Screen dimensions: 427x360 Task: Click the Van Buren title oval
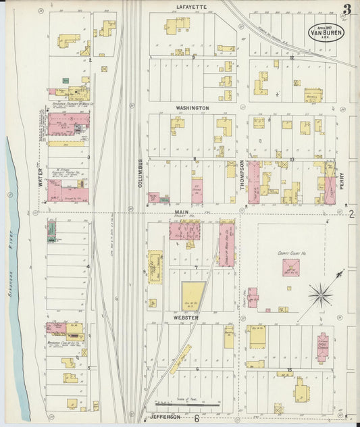[x=327, y=31]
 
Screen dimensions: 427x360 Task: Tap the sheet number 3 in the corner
[x=346, y=9]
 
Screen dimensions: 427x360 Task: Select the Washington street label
[x=192, y=108]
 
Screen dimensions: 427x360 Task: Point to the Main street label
[x=181, y=211]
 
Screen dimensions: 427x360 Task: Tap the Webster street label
[x=185, y=317]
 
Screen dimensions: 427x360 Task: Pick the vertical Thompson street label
[x=242, y=174]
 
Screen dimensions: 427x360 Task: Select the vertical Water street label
[x=40, y=177]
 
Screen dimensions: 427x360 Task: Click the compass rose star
[x=321, y=294]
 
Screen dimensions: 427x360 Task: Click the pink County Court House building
[x=292, y=268]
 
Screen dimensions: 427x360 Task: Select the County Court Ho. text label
[x=292, y=253]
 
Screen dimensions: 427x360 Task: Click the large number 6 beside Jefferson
[x=197, y=418]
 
